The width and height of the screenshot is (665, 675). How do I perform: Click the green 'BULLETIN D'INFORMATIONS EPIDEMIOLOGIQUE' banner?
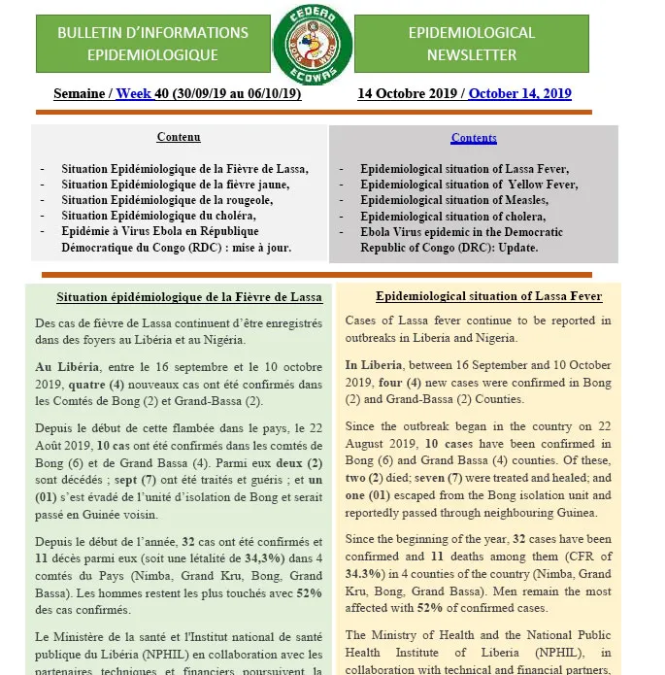152,44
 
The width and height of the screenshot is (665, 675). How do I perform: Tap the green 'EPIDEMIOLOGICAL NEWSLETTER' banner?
471,44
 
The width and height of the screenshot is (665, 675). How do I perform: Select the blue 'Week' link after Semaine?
134,94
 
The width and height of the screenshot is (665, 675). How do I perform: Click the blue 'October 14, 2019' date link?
519,94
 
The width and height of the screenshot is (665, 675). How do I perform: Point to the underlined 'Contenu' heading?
179,138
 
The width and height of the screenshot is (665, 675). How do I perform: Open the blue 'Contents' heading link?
474,138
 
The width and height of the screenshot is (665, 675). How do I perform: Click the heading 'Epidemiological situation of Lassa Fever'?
488,296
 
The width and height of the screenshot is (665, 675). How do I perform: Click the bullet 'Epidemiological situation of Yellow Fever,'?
469,185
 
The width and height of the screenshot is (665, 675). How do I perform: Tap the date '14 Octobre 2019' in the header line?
410,94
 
